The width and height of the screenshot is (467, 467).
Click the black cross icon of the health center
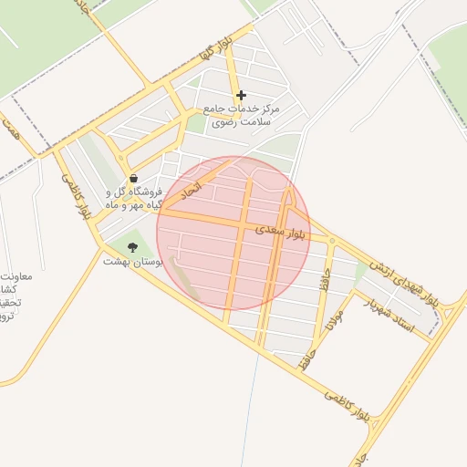click(x=241, y=95)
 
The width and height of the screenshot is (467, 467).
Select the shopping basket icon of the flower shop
click(x=134, y=179)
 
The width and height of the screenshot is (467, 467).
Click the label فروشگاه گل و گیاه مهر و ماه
click(x=135, y=199)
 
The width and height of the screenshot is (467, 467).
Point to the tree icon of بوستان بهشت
click(x=133, y=247)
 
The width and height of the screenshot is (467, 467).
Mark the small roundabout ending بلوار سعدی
click(x=332, y=242)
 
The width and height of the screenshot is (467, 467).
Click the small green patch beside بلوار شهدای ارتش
click(x=361, y=271)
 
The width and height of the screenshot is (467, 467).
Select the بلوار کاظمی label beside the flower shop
click(x=78, y=195)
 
